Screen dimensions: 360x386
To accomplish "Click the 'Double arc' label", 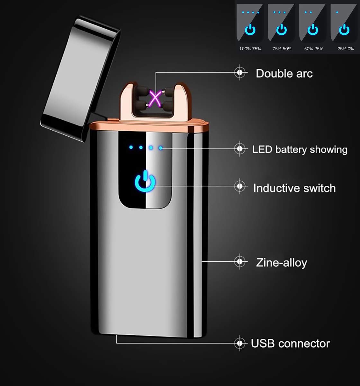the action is pyautogui.click(x=284, y=73).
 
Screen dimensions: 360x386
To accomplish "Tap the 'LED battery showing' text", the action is pyautogui.click(x=300, y=150).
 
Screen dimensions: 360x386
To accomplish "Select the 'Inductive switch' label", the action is pyautogui.click(x=294, y=188).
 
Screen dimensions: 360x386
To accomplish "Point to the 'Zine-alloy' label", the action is pyautogui.click(x=282, y=262).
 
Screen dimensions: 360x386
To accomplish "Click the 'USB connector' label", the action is pyautogui.click(x=290, y=344).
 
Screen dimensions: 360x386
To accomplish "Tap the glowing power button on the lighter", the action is pyautogui.click(x=145, y=181).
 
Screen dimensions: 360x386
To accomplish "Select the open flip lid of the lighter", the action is pyautogui.click(x=80, y=79).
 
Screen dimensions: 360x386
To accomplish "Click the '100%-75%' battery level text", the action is pyautogui.click(x=250, y=49).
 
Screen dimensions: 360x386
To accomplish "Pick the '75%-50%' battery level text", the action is pyautogui.click(x=282, y=49).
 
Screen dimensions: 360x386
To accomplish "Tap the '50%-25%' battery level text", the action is pyautogui.click(x=314, y=49).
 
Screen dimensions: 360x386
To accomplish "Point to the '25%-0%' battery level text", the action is pyautogui.click(x=346, y=49).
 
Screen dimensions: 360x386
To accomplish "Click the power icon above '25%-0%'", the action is pyautogui.click(x=344, y=30).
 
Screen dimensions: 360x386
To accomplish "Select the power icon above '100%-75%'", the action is pyautogui.click(x=250, y=30).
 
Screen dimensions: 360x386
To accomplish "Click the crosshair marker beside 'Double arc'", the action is pyautogui.click(x=240, y=72).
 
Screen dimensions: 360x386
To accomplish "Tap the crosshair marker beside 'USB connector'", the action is pyautogui.click(x=240, y=343).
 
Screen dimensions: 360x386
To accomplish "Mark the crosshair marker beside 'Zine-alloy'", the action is pyautogui.click(x=240, y=262).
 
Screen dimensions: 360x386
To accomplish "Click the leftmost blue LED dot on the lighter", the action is pyautogui.click(x=131, y=147).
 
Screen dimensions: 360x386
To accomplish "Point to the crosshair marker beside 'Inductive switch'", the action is pyautogui.click(x=240, y=186).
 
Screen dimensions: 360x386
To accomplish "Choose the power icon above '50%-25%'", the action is pyautogui.click(x=313, y=30).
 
